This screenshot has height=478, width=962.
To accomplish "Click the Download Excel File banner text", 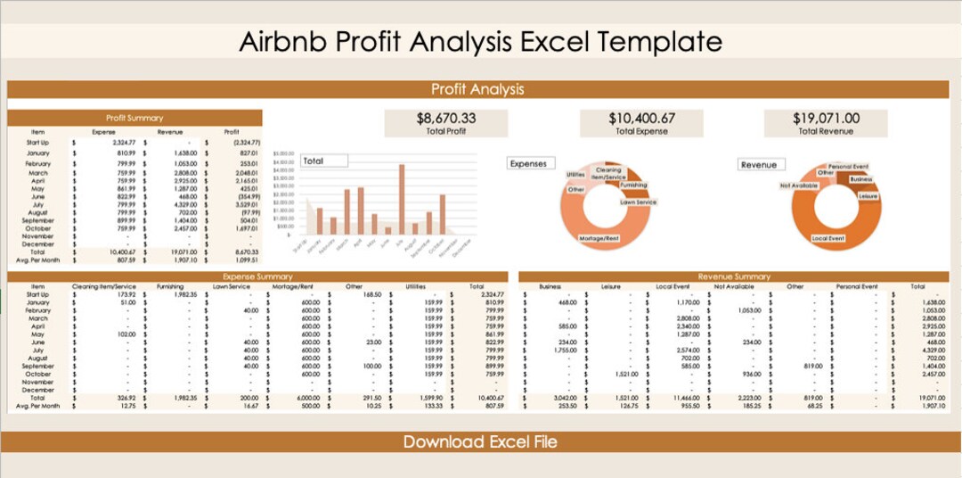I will coord(480,442).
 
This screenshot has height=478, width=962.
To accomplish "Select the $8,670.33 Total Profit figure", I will coord(445,118).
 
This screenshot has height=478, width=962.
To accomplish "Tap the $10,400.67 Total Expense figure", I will coord(641,118).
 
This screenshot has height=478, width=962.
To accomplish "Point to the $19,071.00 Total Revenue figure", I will coord(826,118).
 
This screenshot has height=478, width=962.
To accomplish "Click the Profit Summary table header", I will coord(135,118).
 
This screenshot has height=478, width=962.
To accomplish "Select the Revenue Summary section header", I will coord(735,276).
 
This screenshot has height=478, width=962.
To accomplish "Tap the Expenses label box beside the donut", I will coord(528,164).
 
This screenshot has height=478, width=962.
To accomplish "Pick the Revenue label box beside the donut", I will coord(759,165).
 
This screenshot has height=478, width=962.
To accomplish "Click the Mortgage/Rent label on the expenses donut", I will coord(599,239).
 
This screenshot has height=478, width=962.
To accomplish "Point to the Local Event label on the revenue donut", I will coord(828,239).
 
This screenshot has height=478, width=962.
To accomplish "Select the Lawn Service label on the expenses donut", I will coord(638,202).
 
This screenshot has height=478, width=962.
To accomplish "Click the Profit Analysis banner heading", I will coord(477,89).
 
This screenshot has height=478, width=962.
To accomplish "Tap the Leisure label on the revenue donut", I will coord(868,196).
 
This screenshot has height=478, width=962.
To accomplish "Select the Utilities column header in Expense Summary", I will coord(416,286).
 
